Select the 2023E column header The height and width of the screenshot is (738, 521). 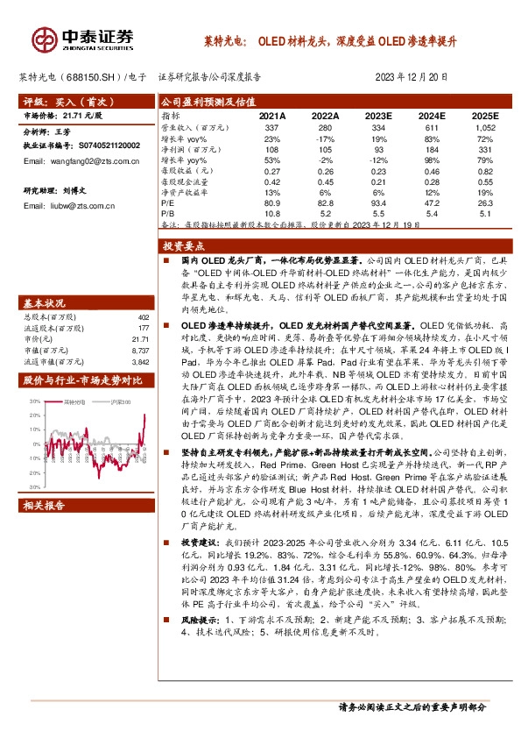378,116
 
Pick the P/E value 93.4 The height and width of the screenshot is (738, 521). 378,202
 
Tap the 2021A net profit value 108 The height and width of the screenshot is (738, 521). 271,150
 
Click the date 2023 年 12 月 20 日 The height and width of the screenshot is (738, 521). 417,77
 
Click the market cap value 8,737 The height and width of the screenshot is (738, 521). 140,350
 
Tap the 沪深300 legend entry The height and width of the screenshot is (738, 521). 123,401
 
